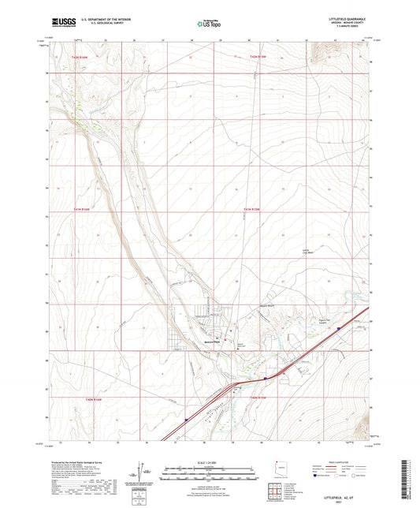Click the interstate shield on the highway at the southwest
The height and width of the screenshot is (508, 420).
click(x=186, y=420)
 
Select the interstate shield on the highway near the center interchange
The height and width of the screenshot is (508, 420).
click(x=266, y=377)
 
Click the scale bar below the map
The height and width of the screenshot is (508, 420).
click(x=210, y=476)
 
